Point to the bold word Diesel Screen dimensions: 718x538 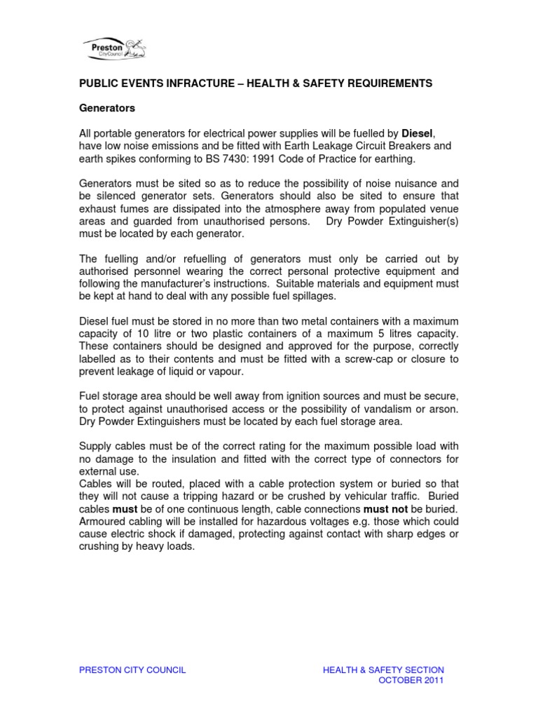pyautogui.click(x=418, y=133)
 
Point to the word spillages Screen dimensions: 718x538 pyautogui.click(x=303, y=297)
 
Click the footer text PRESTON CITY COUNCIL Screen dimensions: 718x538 pyautogui.click(x=132, y=670)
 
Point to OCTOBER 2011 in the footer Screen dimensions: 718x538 pyautogui.click(x=411, y=680)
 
